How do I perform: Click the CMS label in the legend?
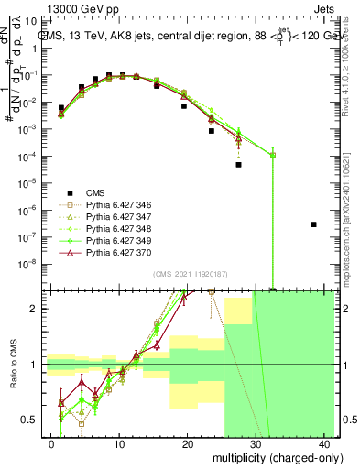pyautogui.click(x=95, y=192)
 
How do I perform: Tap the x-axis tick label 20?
pyautogui.click(x=188, y=444)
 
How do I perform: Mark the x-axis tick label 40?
pyautogui.click(x=324, y=444)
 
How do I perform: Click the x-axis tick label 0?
pyautogui.click(x=51, y=444)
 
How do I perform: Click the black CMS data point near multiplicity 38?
pyautogui.click(x=313, y=224)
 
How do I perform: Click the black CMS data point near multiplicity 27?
pyautogui.click(x=238, y=165)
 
